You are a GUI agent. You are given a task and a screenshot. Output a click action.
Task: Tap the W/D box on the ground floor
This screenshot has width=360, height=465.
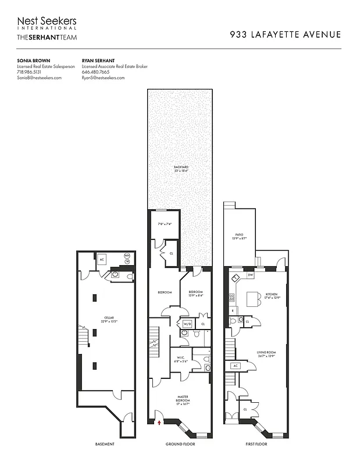coord(187,324)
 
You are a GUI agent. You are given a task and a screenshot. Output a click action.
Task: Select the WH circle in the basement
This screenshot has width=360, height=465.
coord(127,256)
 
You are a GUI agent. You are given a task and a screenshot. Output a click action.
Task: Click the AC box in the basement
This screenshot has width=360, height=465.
coord(101,260)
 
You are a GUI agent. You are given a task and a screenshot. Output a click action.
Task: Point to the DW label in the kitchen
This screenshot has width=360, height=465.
coord(251,274)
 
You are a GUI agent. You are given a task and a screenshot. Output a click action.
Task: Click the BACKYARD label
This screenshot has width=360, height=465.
coord(181,169)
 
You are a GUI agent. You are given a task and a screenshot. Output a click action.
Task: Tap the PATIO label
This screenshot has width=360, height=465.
coord(240,237)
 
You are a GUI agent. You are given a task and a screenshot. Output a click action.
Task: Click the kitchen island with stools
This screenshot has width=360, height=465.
coord(252,299)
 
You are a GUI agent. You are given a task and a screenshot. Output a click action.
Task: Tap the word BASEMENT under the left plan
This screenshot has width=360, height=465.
coord(105,444)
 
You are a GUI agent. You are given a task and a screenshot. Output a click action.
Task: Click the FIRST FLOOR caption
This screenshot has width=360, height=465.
coord(255,444)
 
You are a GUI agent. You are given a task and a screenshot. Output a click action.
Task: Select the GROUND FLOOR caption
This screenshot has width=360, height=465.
coord(181,444)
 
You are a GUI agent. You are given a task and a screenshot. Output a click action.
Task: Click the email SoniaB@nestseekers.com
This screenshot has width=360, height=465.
coord(39,77)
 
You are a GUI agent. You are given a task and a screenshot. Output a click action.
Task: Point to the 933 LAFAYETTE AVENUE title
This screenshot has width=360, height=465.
coord(285,34)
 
